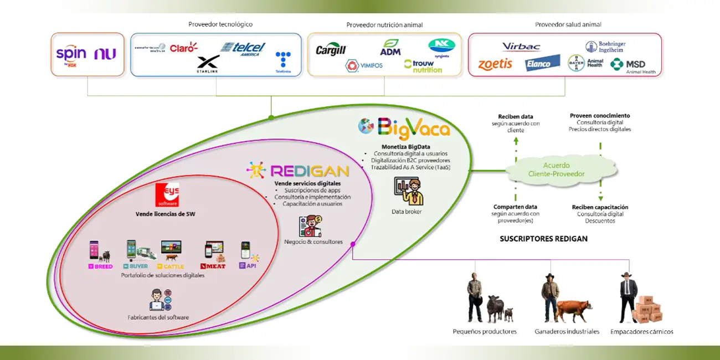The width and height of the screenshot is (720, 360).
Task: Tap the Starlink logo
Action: pos(208,64)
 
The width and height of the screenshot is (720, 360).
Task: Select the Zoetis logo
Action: pos(495,64)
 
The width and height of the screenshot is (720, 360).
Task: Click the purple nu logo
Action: pos(105,54)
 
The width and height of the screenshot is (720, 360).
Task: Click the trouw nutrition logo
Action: pos(423,66)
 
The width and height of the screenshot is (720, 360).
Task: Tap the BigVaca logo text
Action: pos(413,129)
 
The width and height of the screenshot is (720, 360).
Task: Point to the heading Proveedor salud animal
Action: pos(568,24)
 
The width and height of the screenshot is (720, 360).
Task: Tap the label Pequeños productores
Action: pos(485,332)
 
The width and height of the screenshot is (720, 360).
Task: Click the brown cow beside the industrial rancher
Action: pos(573,310)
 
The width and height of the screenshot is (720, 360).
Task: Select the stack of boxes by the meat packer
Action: pos(647,308)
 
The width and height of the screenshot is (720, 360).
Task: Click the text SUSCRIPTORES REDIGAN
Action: pos(543,239)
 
